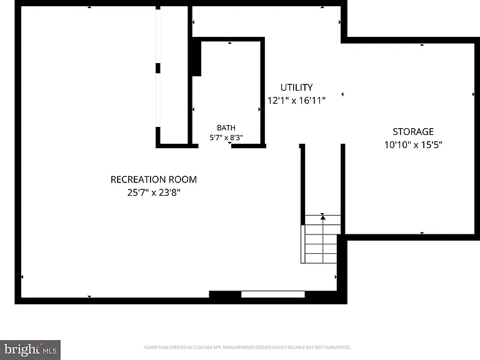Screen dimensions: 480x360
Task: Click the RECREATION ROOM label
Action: point(153,179)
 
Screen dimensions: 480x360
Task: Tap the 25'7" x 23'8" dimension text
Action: point(154,192)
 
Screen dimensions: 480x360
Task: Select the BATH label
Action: point(226,127)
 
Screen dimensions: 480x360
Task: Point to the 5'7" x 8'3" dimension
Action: point(226,137)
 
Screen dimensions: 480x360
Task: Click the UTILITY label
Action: point(297,87)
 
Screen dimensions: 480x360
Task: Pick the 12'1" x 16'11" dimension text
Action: point(296,101)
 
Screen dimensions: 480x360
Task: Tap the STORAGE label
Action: point(413,132)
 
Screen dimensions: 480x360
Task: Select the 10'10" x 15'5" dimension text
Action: point(413,144)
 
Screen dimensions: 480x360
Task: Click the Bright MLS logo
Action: point(30,350)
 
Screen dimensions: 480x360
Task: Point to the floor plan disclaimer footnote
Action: point(247,347)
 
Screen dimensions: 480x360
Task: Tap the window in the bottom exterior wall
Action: point(272,294)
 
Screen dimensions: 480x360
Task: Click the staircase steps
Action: point(321,239)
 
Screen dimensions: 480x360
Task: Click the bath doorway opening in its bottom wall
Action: point(215,146)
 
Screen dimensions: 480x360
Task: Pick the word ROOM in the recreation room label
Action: point(185,179)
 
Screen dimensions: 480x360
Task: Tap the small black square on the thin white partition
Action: point(158,68)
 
